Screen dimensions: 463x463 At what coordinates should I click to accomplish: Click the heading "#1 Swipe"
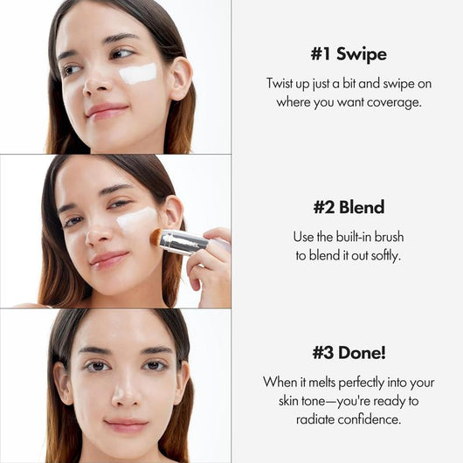click(x=348, y=53)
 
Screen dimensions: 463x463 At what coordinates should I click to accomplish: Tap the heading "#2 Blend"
click(x=349, y=207)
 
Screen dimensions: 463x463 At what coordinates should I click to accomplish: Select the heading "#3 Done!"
click(x=348, y=353)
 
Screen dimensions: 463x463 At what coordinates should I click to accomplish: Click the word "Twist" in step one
click(x=282, y=83)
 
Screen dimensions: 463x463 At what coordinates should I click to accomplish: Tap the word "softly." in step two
click(x=382, y=255)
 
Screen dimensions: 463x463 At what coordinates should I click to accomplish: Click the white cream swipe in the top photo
click(x=137, y=73)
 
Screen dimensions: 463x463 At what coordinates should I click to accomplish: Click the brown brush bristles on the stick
click(x=156, y=236)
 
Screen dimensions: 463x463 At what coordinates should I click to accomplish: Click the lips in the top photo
click(x=107, y=110)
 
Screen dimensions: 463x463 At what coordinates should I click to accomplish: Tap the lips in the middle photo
click(x=108, y=259)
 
